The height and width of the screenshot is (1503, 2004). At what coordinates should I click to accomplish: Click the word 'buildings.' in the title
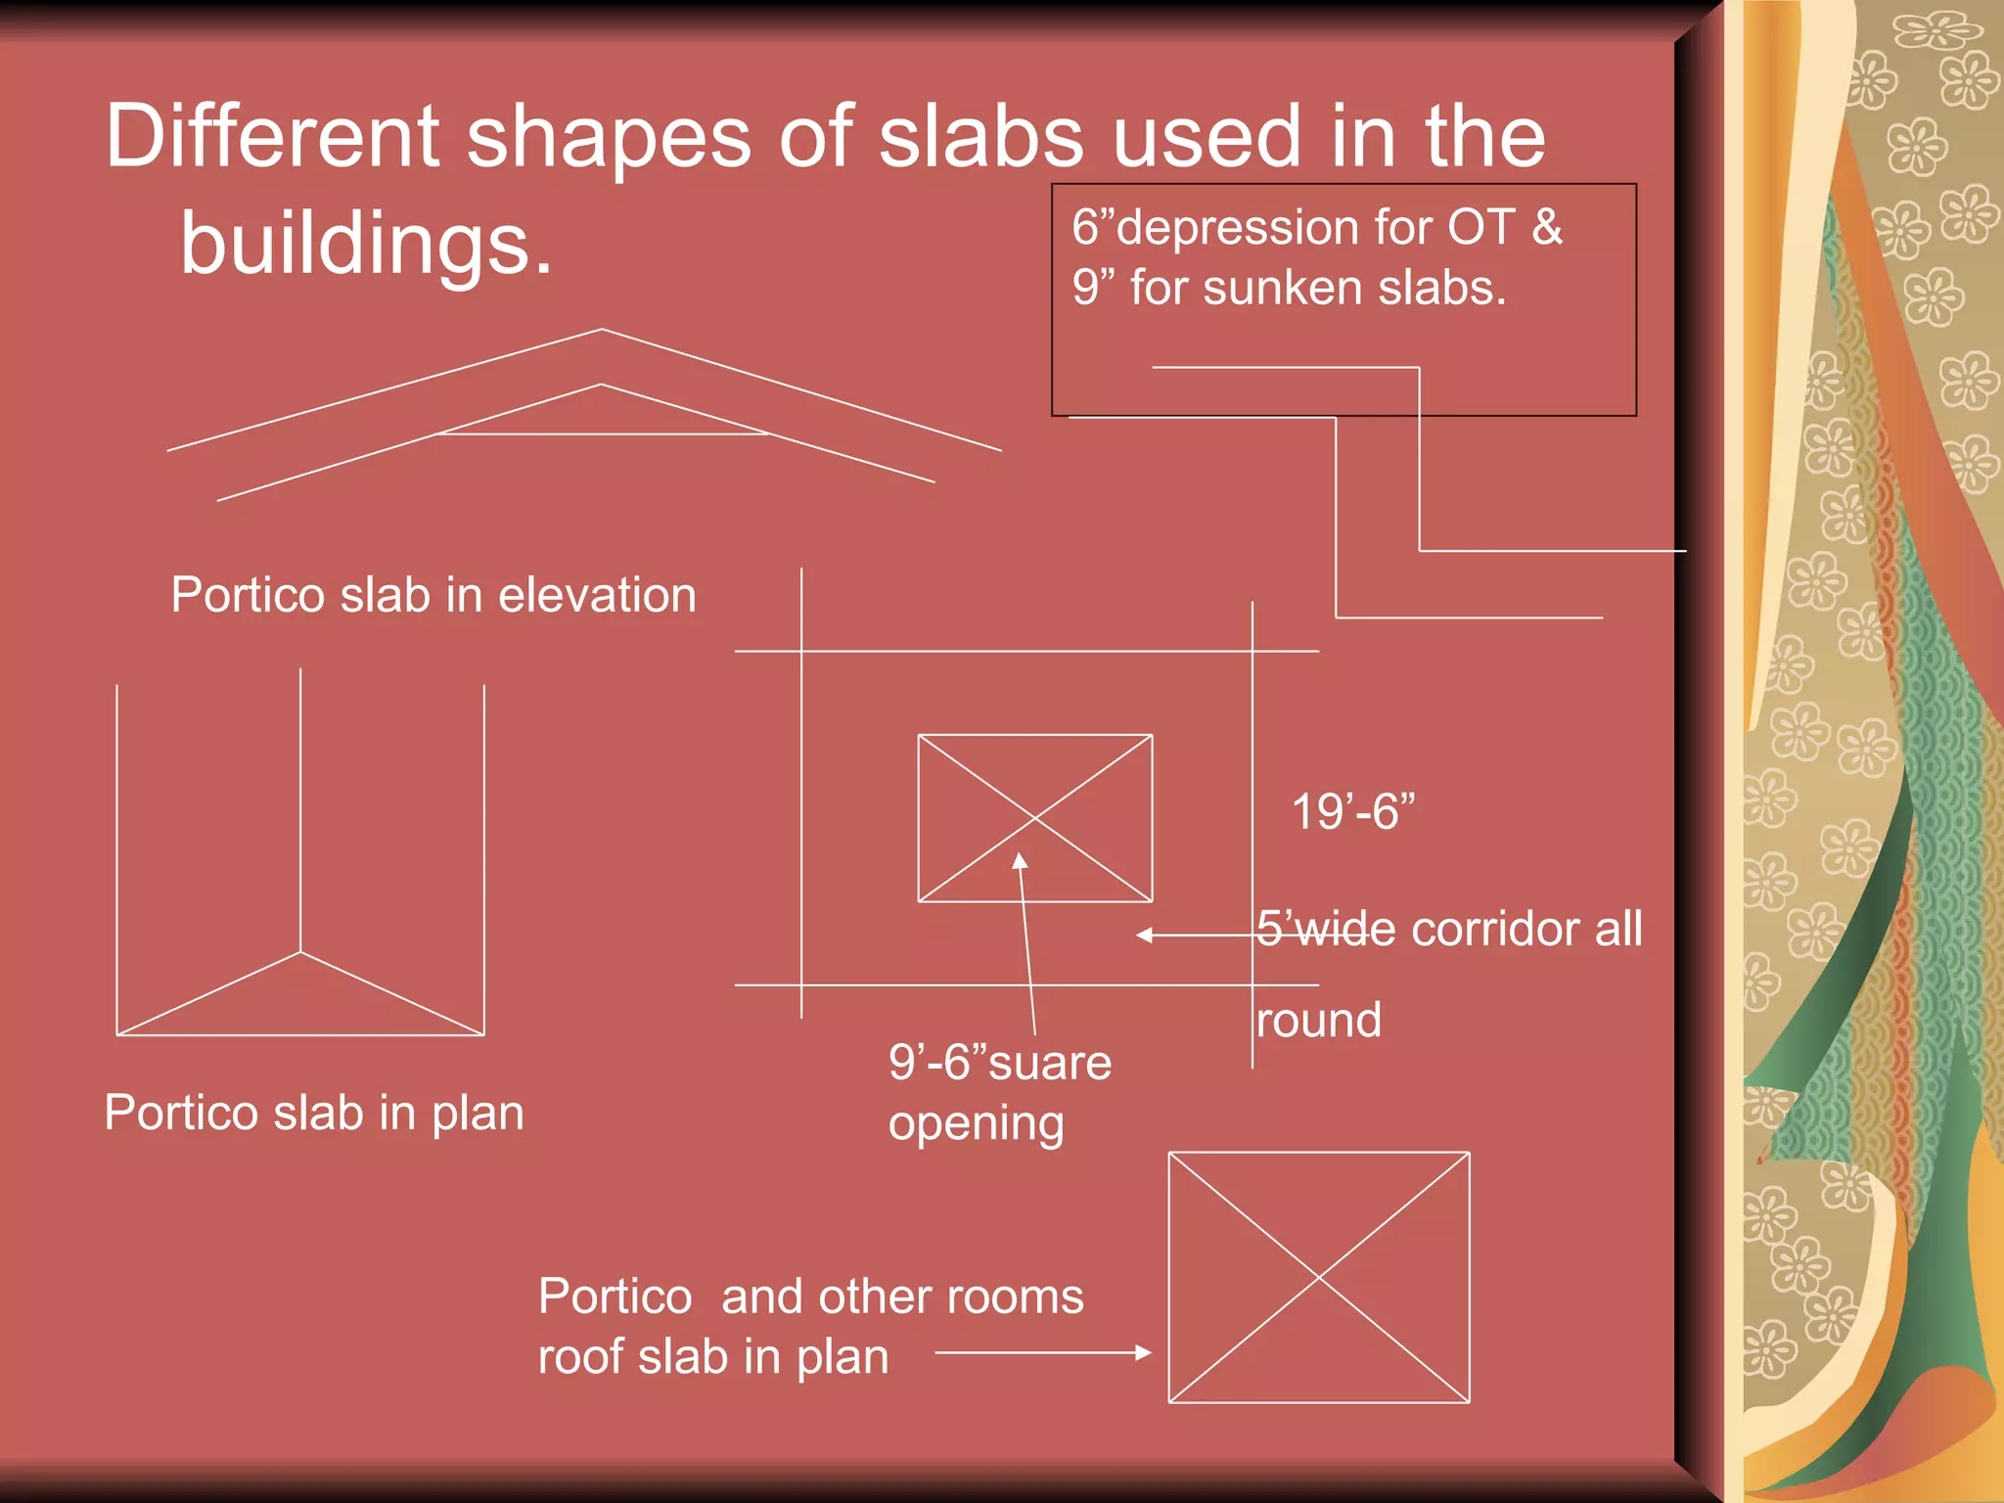coord(366,243)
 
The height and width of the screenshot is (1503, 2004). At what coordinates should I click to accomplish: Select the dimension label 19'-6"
coord(1352,811)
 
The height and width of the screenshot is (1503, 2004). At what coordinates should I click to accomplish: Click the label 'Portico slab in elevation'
coord(433,595)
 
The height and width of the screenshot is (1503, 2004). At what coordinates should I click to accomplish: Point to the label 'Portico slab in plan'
coord(314,1113)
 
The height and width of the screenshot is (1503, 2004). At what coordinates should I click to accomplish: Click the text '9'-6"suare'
coord(999,1063)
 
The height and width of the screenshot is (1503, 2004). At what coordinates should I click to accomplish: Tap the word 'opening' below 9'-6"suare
coord(976,1123)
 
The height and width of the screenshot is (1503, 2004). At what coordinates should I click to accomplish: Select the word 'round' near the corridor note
coord(1318,1021)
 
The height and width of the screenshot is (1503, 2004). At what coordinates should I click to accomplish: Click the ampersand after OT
coord(1547,227)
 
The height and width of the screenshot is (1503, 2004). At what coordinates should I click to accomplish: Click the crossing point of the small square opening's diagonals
coord(1035,818)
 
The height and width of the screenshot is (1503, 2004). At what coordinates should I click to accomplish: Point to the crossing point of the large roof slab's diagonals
coord(1319,1277)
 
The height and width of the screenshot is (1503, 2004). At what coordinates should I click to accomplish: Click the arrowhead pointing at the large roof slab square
coord(1143,1352)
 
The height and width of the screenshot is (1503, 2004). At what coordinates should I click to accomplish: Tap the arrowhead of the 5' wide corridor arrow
coord(1144,935)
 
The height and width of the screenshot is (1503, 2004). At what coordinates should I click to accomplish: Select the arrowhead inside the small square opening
coord(1020,860)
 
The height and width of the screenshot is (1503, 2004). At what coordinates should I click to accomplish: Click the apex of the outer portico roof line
coord(602,330)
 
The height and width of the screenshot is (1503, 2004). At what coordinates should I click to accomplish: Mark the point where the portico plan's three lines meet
coord(300,951)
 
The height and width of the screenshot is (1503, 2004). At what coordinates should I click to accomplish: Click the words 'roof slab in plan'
coord(712,1357)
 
